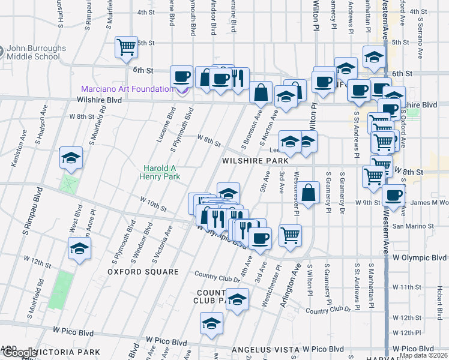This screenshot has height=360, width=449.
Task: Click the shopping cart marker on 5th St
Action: pos(126,46)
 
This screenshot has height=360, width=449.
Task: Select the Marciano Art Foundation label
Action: pos(128,89)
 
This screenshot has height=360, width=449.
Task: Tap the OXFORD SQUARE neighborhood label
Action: pos(143,272)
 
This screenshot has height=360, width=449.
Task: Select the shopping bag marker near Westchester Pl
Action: pos(309,193)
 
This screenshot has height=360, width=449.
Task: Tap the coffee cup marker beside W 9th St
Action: pos(394,196)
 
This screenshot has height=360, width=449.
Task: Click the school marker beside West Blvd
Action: pos(71,158)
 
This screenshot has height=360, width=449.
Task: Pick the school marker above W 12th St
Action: pos(79,248)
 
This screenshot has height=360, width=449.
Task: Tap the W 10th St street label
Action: pos(153,204)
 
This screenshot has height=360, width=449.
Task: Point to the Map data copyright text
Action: pos(424,355)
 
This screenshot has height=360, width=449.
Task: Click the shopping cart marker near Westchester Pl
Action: pos(290,235)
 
